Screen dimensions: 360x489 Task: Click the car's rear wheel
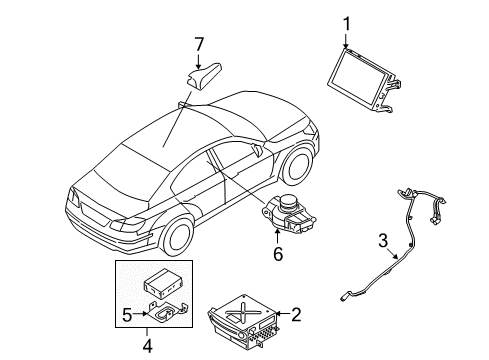click(176, 235)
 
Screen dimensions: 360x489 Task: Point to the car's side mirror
click(259, 151)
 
